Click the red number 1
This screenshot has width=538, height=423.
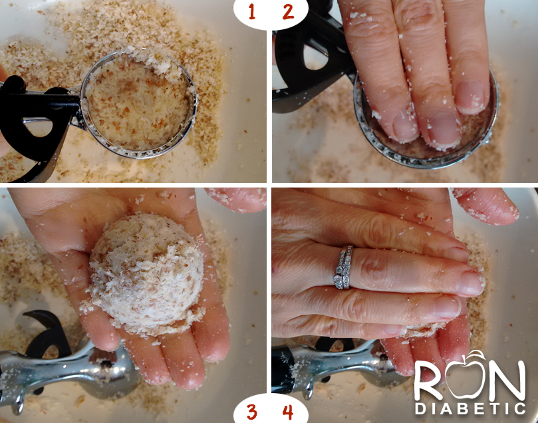pyautogui.click(x=252, y=12)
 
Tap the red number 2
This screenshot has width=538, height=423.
pyautogui.click(x=288, y=12)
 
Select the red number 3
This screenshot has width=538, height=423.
pyautogui.click(x=252, y=412)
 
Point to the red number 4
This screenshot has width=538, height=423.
pyautogui.click(x=288, y=412)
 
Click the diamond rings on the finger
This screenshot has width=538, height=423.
pyautogui.click(x=343, y=267)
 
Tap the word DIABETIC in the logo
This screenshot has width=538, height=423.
pyautogui.click(x=470, y=408)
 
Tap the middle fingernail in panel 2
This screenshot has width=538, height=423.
pyautogui.click(x=445, y=129)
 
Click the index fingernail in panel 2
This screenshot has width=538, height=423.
pyautogui.click(x=406, y=126)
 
